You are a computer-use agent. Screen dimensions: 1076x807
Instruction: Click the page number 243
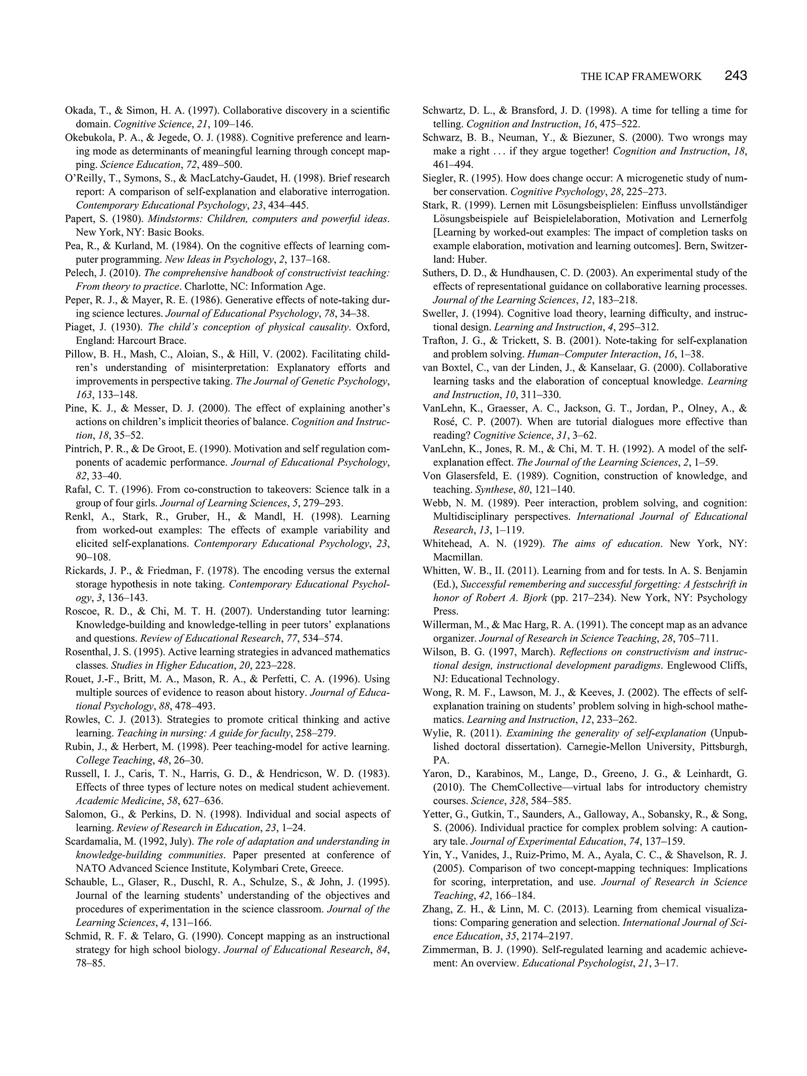click(x=735, y=76)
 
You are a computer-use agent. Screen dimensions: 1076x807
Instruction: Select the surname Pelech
click(x=79, y=273)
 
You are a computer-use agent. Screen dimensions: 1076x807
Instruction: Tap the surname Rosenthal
click(x=86, y=652)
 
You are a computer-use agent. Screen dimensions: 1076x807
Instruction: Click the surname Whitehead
click(x=446, y=544)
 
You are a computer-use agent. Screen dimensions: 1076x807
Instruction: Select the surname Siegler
click(x=439, y=178)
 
